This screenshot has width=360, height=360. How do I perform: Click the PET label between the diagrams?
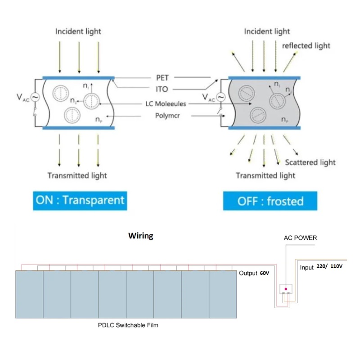click(162, 78)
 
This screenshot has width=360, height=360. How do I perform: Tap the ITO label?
click(162, 89)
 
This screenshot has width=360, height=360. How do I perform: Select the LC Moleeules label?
click(166, 104)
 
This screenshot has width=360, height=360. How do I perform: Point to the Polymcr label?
click(167, 116)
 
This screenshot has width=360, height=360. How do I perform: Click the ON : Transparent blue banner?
click(80, 201)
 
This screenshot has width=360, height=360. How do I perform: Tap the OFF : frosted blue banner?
click(270, 201)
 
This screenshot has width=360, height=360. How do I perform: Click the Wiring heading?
click(141, 236)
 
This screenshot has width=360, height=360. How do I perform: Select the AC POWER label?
click(300, 238)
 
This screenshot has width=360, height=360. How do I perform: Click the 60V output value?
click(265, 273)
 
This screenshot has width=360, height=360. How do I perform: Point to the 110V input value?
click(336, 266)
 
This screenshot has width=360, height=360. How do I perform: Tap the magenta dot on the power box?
click(286, 289)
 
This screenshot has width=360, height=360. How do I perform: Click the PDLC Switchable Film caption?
click(128, 325)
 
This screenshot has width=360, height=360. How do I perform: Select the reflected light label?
click(306, 46)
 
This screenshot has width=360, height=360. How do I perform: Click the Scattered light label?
click(310, 162)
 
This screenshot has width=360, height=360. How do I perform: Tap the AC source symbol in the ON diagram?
click(35, 97)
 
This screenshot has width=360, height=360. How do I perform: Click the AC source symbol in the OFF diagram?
click(220, 97)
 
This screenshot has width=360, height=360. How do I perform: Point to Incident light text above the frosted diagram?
click(267, 31)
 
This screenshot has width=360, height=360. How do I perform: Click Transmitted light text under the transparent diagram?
click(77, 175)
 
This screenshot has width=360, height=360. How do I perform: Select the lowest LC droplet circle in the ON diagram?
click(72, 115)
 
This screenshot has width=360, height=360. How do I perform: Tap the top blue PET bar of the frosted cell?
click(264, 78)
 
